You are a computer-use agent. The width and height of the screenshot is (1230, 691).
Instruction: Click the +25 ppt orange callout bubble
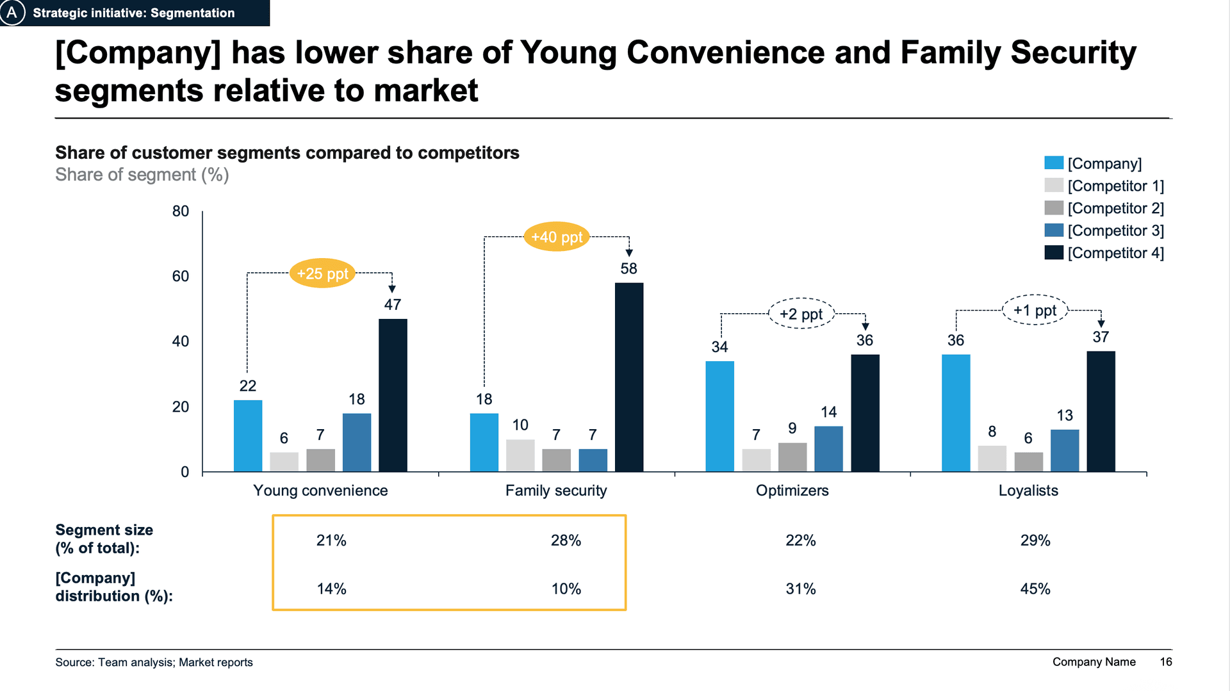coord(322,273)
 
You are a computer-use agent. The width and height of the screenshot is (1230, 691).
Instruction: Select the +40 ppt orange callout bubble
coord(557,237)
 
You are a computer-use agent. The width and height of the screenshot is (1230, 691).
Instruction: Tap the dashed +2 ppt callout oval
coord(801,314)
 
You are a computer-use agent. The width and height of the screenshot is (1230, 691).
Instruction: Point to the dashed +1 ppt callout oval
coord(1035,311)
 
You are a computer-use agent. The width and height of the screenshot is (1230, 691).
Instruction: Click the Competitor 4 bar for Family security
coord(629,377)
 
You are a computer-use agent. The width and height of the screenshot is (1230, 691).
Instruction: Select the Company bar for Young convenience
coord(248,436)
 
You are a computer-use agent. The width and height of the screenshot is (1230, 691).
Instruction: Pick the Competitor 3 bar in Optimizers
coord(828,449)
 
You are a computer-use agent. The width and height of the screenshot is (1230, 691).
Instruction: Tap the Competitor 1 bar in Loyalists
coord(992,459)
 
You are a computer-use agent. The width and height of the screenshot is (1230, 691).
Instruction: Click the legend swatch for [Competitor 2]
coord(1054,208)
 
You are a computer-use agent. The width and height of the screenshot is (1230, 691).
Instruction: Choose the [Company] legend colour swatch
coord(1054,163)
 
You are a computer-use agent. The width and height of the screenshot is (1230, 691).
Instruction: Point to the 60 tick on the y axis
coord(181,277)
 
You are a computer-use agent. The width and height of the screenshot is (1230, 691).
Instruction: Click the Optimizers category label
coord(792,491)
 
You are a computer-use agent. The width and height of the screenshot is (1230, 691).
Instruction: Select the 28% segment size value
coord(566,541)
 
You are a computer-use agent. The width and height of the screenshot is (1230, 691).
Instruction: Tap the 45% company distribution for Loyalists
coord(1035,589)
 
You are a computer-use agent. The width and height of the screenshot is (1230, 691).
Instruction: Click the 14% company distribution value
coord(331,589)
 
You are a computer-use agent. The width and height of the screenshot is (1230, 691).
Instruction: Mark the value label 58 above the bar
coord(628,269)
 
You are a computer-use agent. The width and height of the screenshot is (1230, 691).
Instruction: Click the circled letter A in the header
coord(12,12)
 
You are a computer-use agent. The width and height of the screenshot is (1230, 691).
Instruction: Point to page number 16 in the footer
coord(1166,662)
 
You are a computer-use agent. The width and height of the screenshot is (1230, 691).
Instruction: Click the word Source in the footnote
coord(73,663)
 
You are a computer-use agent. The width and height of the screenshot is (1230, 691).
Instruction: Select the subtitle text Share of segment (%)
coord(142,175)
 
